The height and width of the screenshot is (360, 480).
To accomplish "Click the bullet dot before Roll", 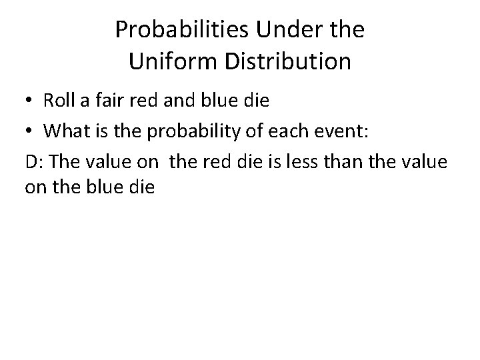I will [31, 101].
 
